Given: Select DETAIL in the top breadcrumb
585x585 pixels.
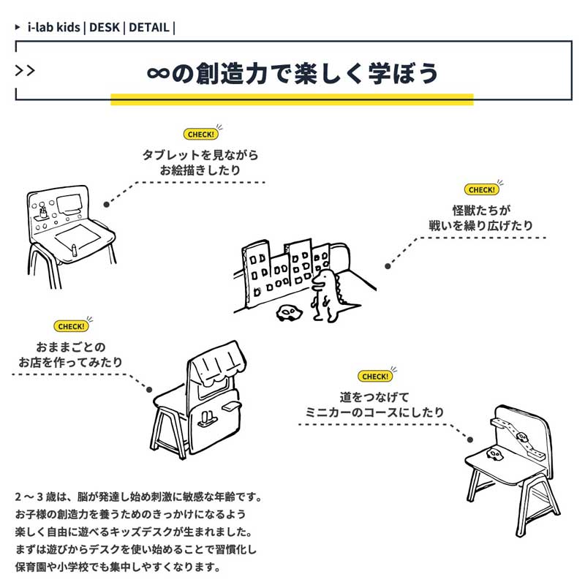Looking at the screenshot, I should [x=148, y=28].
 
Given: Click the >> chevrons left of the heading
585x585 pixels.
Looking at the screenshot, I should [x=25, y=71].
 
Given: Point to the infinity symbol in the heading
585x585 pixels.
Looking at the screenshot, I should [x=158, y=73].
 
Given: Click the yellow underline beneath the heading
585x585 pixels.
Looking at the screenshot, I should [x=292, y=99].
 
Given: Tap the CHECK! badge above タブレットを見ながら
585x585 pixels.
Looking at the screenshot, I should [x=200, y=135].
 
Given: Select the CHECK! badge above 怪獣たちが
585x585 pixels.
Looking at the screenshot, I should [x=481, y=189].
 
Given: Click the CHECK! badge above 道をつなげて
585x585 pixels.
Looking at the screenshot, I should [x=375, y=376].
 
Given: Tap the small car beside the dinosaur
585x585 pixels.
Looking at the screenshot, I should [x=288, y=313].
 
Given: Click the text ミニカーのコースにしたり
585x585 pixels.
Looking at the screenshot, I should [x=374, y=412].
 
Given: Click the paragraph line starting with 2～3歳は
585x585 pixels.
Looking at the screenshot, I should [x=137, y=497].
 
